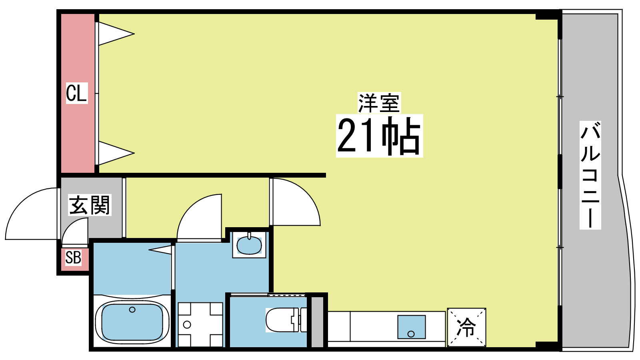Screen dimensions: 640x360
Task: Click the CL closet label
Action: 76,93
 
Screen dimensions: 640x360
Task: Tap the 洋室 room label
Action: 379,102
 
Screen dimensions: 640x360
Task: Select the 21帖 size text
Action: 379,136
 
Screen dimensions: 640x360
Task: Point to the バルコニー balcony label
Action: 590,175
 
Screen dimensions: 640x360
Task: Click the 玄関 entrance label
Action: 90,205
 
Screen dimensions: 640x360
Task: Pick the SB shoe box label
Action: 73,258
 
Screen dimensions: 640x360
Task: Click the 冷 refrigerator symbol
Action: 466,328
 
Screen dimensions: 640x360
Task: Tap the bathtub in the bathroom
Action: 132,322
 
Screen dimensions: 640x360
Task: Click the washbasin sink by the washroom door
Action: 249,245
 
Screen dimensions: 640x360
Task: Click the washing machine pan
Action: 200,324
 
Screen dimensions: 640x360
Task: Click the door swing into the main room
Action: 306,194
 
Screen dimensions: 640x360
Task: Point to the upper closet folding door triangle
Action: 116,34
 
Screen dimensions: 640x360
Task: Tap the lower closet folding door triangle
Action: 116,153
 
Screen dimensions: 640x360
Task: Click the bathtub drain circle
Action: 132,310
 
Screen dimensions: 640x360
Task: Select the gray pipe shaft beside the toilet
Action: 317,322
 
